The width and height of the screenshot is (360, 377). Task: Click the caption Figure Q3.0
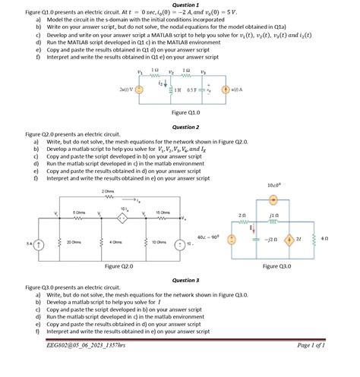[x=276, y=267]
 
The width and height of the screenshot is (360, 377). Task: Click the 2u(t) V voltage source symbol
[x=137, y=90]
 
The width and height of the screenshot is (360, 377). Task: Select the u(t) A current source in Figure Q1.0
[x=225, y=90]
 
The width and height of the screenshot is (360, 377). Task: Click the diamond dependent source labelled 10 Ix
[x=121, y=218]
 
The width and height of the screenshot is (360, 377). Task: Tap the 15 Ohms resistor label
[x=163, y=212]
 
